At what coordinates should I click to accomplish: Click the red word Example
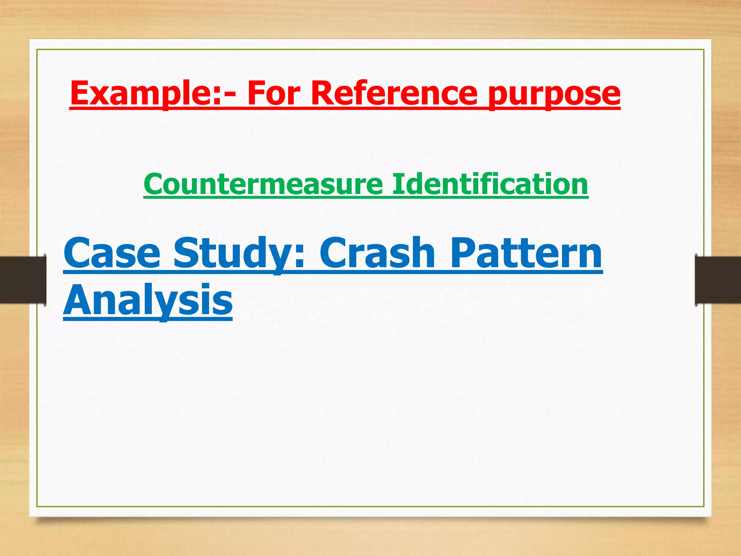coord(145,93)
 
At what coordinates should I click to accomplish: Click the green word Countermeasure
coord(263,184)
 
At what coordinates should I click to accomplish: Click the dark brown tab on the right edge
coord(718,279)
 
